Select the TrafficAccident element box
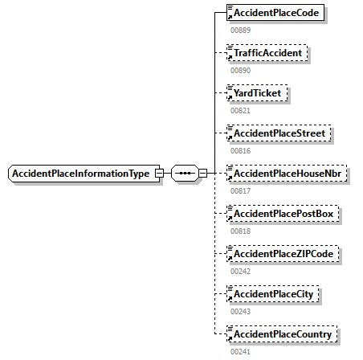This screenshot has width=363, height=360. click(x=267, y=53)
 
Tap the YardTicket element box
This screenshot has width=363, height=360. click(x=259, y=93)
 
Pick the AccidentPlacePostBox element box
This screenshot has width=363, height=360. click(x=282, y=214)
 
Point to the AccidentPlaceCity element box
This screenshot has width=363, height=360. click(x=273, y=294)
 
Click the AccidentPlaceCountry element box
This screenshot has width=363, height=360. click(x=283, y=333)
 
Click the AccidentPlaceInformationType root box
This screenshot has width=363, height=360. click(x=80, y=174)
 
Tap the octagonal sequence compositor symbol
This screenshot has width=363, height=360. click(x=184, y=174)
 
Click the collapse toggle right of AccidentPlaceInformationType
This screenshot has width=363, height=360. click(x=159, y=174)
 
